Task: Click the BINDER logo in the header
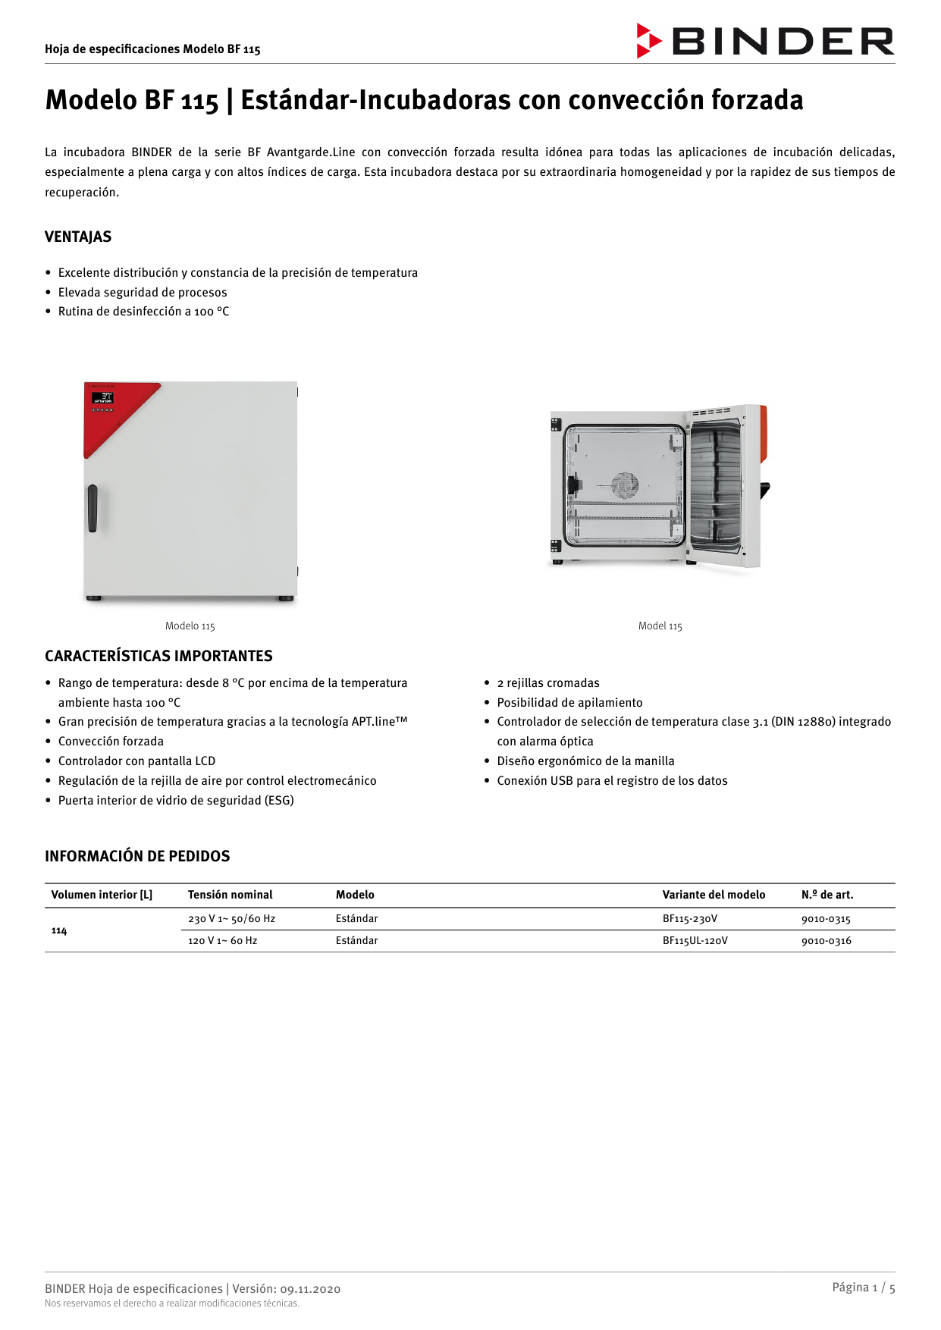[765, 41]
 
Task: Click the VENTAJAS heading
[78, 237]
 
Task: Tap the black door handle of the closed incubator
[93, 508]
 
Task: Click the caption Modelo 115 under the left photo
[190, 626]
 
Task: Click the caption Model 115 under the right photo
[660, 626]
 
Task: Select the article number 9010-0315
[826, 919]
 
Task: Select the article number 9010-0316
[826, 941]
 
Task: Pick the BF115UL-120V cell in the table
[695, 941]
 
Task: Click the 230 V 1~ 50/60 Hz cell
[231, 919]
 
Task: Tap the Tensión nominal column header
[230, 895]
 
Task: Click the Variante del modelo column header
[714, 895]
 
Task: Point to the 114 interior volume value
[59, 930]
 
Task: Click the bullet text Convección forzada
[111, 742]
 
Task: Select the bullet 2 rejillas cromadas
[548, 683]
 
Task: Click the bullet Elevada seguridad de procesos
[143, 293]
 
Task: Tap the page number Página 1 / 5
[863, 1288]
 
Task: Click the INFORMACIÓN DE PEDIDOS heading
[137, 856]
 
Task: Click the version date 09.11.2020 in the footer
[310, 1289]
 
